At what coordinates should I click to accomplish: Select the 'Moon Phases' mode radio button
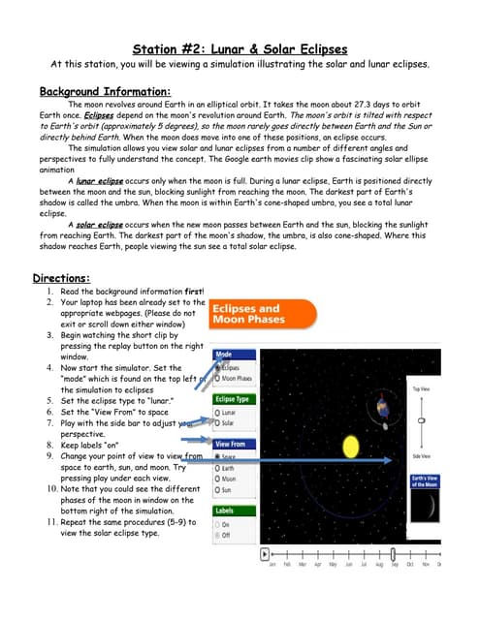pyautogui.click(x=216, y=379)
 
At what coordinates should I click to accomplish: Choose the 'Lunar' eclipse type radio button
pyautogui.click(x=216, y=413)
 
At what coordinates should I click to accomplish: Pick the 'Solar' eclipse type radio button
pyautogui.click(x=216, y=423)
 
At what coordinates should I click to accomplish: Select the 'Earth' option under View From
pyautogui.click(x=216, y=468)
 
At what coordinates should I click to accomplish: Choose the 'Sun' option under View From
pyautogui.click(x=216, y=490)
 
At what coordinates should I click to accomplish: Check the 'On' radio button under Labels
pyautogui.click(x=216, y=523)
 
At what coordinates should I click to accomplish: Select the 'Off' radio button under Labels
pyautogui.click(x=216, y=534)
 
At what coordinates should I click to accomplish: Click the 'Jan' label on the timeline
pyautogui.click(x=272, y=565)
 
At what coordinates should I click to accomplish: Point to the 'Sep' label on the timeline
pyautogui.click(x=394, y=565)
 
